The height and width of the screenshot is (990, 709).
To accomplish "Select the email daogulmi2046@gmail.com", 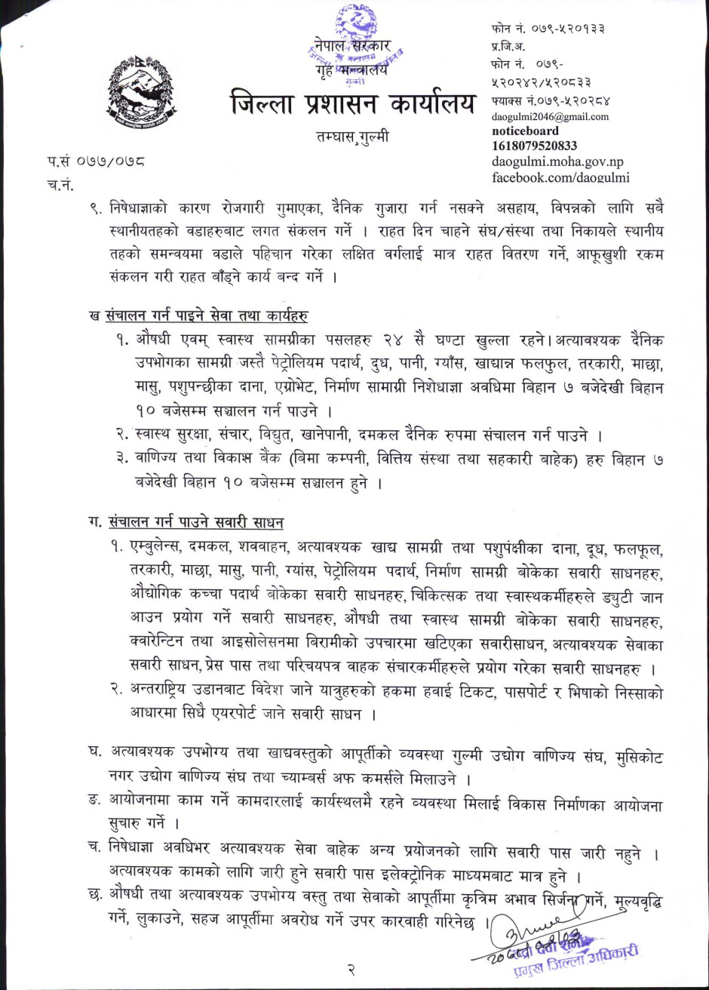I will click(550, 117).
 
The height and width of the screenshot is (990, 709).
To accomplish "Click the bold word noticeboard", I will click(525, 131).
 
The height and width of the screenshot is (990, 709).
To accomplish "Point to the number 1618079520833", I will click(534, 146).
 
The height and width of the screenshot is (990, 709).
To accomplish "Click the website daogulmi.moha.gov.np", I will click(557, 161).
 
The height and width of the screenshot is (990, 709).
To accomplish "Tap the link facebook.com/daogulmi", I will click(560, 177).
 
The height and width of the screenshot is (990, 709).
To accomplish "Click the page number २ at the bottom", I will click(351, 968).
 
